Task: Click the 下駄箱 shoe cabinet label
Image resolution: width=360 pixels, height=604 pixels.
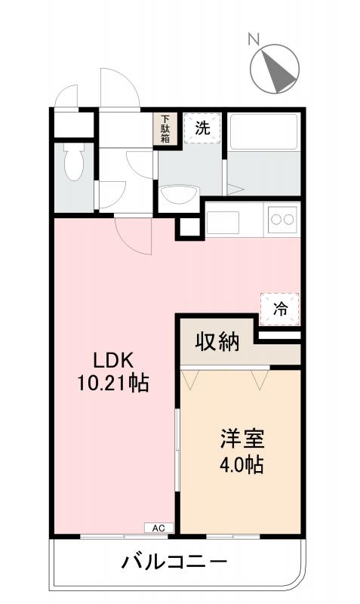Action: (x=165, y=129)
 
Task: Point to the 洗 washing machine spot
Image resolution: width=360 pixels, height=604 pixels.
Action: (x=202, y=128)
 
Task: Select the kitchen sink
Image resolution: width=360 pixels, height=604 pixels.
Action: (x=223, y=222)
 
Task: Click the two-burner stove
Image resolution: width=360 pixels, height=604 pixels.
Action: (x=282, y=220)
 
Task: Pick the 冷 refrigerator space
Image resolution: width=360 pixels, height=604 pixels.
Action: (x=280, y=308)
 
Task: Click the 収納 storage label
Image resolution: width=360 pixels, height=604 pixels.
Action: (x=218, y=343)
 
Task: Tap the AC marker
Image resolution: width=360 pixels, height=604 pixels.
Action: (x=158, y=528)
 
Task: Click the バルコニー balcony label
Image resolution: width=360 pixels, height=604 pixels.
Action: (x=174, y=562)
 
